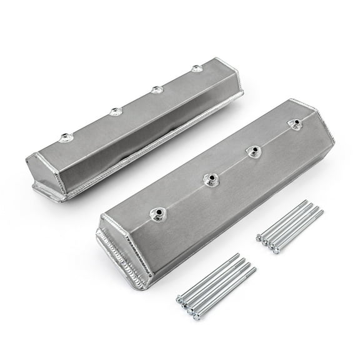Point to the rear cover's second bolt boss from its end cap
tap(115, 112)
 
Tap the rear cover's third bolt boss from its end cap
tap(156, 89)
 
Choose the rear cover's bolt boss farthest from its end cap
tap(197, 69)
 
